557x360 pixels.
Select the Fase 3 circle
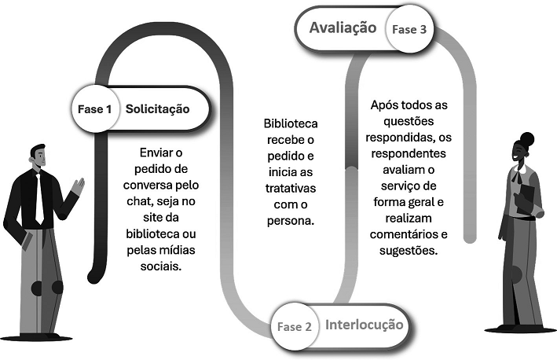409,30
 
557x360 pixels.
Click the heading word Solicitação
158,108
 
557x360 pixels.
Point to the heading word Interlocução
364,324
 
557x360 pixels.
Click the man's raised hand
78,187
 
